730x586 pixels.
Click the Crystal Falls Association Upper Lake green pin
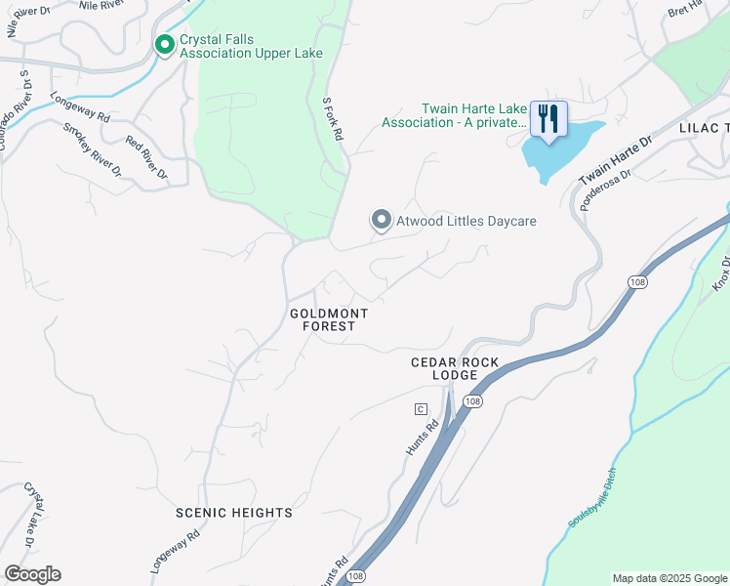165,45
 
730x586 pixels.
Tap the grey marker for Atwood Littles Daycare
381,221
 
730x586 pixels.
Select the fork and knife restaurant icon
548,119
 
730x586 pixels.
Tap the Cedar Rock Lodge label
455,369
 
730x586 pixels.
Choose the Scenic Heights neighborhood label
233,513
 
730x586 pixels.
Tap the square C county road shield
421,408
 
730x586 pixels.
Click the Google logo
32,574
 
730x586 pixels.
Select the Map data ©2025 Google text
669,578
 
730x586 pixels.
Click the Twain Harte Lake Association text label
454,115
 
